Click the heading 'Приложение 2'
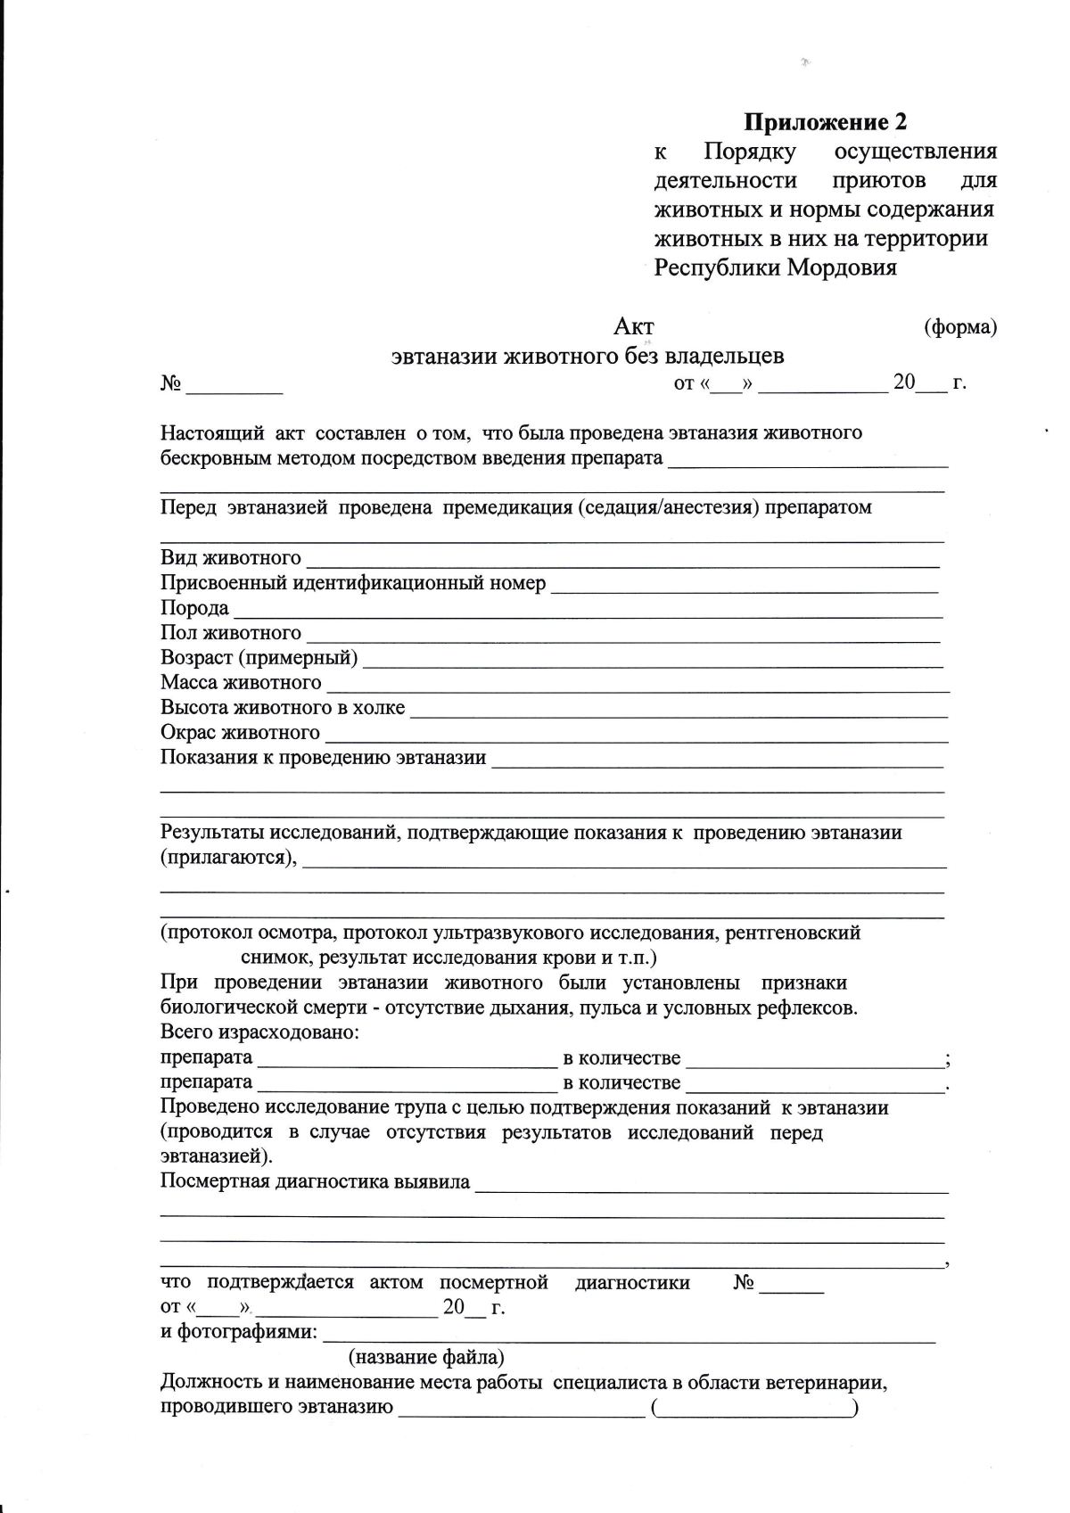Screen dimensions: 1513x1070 point(826,122)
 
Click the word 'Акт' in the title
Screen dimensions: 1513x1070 point(634,326)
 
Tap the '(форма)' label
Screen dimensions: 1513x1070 point(959,327)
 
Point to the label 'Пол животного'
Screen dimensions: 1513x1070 point(231,633)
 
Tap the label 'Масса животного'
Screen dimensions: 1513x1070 point(241,683)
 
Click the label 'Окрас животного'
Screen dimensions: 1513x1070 point(240,733)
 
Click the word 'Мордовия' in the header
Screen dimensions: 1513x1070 point(842,267)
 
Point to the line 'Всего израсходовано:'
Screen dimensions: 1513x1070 point(259,1032)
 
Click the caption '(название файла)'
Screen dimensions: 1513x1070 point(426,1358)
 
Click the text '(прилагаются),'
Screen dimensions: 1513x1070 point(228,858)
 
